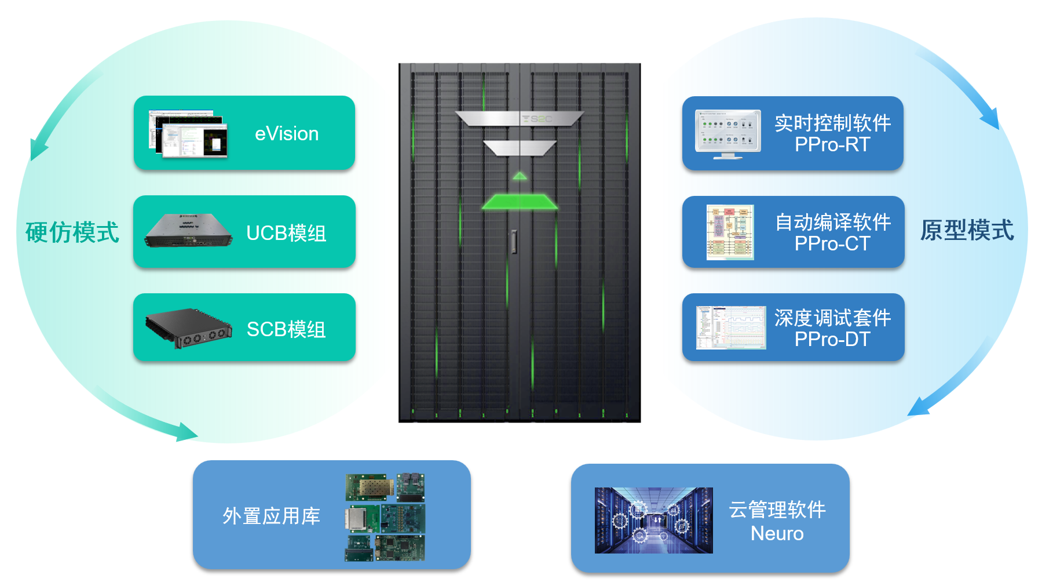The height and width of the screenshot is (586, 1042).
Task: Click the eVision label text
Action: [x=287, y=134]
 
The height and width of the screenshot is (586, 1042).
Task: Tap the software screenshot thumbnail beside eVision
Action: [x=188, y=134]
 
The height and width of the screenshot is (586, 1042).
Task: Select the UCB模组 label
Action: [x=286, y=233]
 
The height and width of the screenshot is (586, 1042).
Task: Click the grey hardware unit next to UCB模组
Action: [x=188, y=231]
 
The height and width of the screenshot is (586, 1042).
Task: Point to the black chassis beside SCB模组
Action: [x=188, y=328]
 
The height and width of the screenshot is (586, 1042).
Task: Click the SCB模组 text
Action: [x=286, y=329]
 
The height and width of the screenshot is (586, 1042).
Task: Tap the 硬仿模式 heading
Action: [x=72, y=232]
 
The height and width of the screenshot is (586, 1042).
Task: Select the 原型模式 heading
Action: [x=967, y=230]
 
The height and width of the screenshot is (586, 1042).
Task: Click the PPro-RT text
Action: [x=832, y=144]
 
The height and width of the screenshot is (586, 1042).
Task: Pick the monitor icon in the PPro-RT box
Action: [x=728, y=134]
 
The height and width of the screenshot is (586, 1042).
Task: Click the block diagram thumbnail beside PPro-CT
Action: [x=730, y=232]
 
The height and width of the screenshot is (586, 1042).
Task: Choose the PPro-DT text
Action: [x=832, y=339]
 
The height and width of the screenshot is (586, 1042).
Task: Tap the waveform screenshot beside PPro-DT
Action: [x=731, y=327]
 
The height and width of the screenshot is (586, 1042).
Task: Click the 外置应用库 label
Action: [x=271, y=516]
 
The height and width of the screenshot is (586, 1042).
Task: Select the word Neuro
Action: [x=777, y=533]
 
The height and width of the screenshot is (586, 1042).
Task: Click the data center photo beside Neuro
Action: [x=653, y=520]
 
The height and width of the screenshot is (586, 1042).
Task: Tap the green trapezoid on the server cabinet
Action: [x=520, y=202]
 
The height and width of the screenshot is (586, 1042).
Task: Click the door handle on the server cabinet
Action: [x=514, y=242]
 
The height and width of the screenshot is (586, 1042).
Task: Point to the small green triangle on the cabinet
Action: [x=520, y=176]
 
